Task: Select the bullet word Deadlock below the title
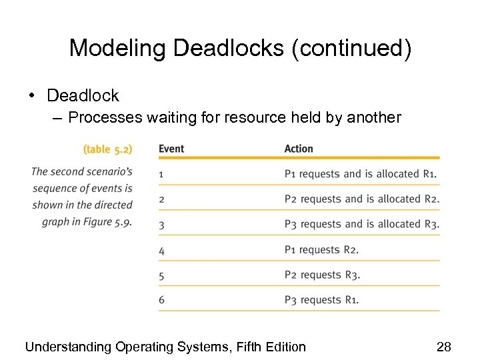[x=83, y=96]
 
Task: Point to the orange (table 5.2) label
[x=107, y=149]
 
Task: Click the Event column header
[x=171, y=149]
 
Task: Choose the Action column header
[x=298, y=149]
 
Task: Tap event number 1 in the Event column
[x=161, y=175]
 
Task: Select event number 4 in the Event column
[x=161, y=251]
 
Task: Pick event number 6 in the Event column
[x=161, y=301]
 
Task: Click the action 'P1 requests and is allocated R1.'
[x=361, y=174]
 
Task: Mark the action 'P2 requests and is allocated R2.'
[x=361, y=199]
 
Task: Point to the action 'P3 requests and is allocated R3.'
[x=361, y=225]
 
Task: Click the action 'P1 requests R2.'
[x=321, y=250]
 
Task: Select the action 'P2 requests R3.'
[x=321, y=275]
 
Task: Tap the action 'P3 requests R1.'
[x=321, y=300]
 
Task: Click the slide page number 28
[x=443, y=347]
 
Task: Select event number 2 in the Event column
[x=161, y=200]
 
